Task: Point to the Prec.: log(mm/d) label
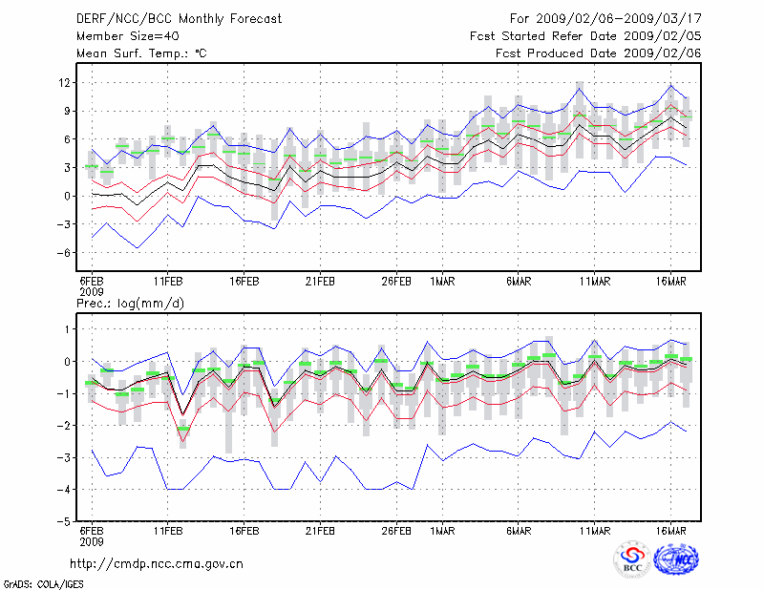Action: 129,303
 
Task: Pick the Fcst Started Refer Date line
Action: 586,35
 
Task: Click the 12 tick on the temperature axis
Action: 64,83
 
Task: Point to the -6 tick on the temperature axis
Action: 63,253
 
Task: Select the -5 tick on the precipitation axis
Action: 63,522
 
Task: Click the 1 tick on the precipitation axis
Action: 68,329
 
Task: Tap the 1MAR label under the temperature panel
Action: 441,282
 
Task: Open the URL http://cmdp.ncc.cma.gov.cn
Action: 158,563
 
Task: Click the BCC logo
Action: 632,559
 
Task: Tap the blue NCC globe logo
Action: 675,559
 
